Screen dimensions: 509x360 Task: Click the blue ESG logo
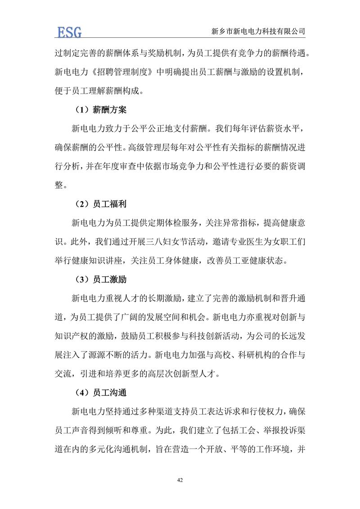[68, 32]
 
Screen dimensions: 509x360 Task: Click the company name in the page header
[258, 32]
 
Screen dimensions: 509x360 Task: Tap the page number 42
[180, 481]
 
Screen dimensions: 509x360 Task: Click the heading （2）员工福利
[101, 204]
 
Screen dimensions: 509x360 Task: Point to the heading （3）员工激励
[101, 279]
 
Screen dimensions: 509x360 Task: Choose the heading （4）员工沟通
[101, 392]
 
